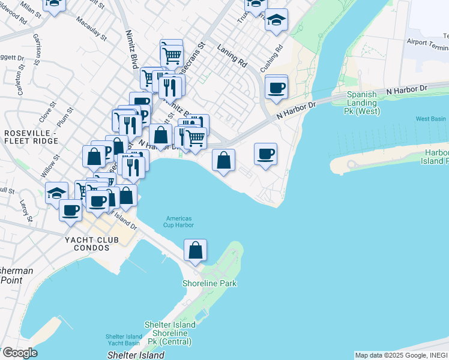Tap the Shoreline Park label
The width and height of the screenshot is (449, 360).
(x=210, y=283)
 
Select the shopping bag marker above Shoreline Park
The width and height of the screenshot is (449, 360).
(x=196, y=250)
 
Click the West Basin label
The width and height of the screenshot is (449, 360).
(x=431, y=119)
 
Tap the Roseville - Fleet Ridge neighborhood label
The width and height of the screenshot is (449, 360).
(x=31, y=136)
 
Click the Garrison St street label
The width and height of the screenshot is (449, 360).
(x=37, y=44)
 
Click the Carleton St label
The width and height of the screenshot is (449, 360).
(x=20, y=85)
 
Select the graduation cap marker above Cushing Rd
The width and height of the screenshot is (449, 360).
(x=276, y=20)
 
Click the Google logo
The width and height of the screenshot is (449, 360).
(x=20, y=353)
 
